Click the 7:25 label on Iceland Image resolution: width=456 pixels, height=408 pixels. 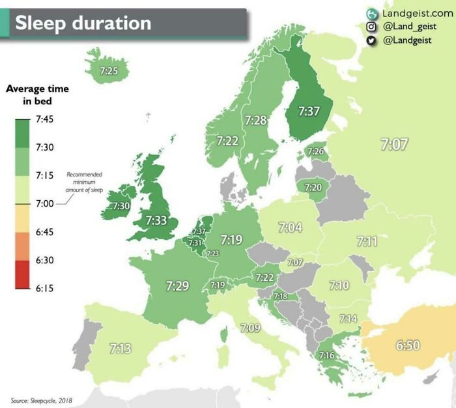tap(109, 70)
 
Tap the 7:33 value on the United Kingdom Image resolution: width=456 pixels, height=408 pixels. tap(157, 220)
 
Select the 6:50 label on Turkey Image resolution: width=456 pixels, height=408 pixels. tap(408, 345)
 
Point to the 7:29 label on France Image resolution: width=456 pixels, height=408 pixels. tap(177, 285)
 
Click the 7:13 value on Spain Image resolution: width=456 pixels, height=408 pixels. tap(120, 349)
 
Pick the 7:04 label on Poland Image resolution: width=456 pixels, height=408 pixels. tap(291, 227)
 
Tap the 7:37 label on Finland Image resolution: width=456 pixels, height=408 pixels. tap(309, 111)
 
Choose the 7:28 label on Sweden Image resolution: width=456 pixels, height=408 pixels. tap(256, 120)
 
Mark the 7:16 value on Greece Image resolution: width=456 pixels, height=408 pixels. tap(326, 355)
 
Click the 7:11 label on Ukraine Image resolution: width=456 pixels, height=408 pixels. tap(367, 241)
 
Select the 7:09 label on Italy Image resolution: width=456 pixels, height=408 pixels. tap(250, 327)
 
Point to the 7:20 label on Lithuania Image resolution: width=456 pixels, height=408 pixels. tap(313, 188)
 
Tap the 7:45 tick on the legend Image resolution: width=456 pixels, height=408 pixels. tap(44, 119)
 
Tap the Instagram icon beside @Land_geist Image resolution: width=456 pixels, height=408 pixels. tap(372, 27)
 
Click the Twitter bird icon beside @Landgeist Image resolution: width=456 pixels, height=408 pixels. tap(372, 40)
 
